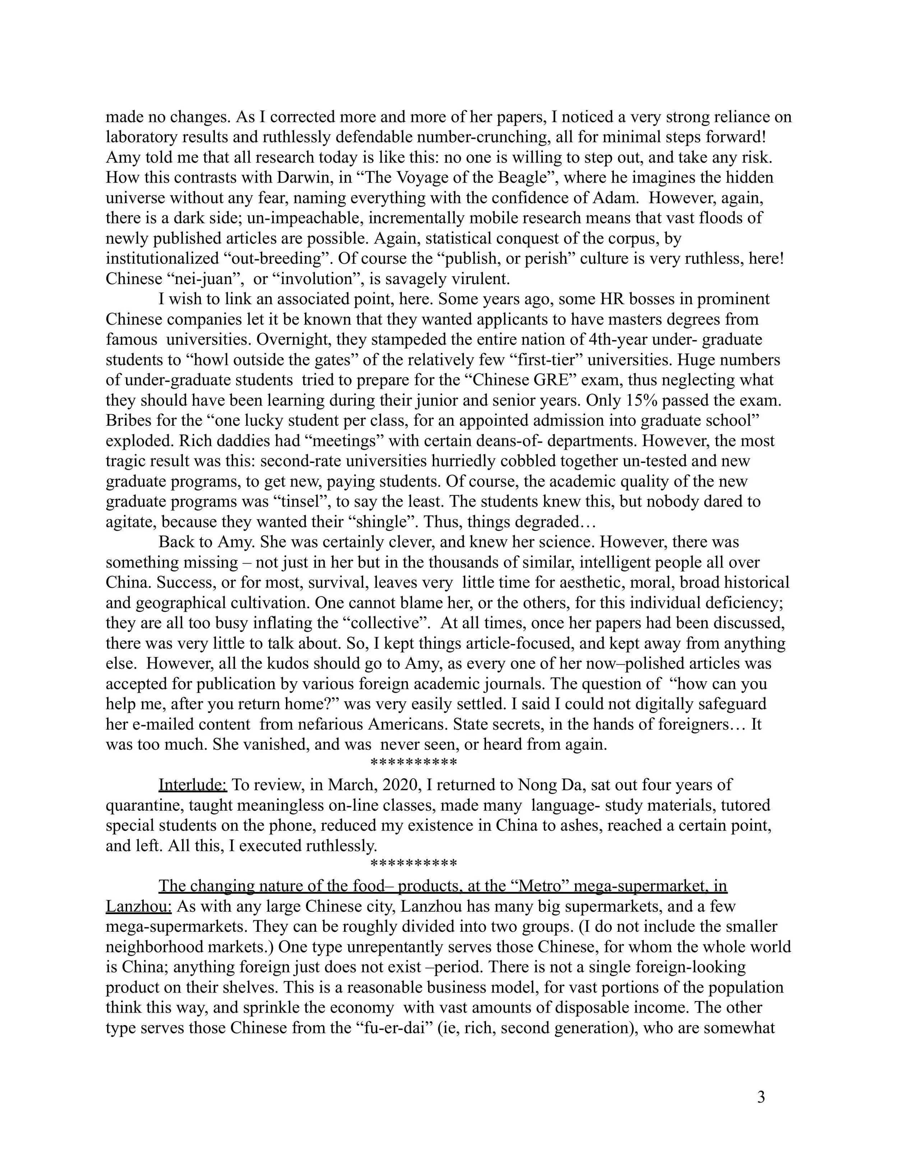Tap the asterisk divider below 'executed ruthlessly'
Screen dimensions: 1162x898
click(413, 864)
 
